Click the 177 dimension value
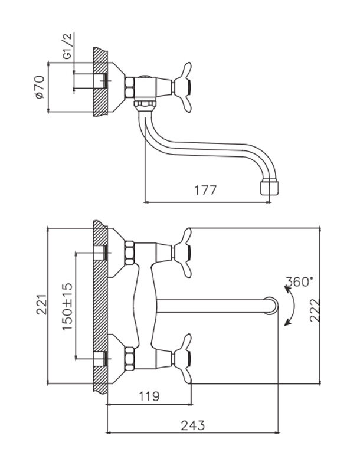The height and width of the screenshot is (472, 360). point(205,190)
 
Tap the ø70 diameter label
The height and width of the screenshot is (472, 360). point(40,86)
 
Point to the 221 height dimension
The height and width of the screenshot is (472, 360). point(40,305)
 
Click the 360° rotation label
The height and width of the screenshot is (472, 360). point(299,281)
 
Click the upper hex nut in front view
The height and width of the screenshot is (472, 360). point(130,253)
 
